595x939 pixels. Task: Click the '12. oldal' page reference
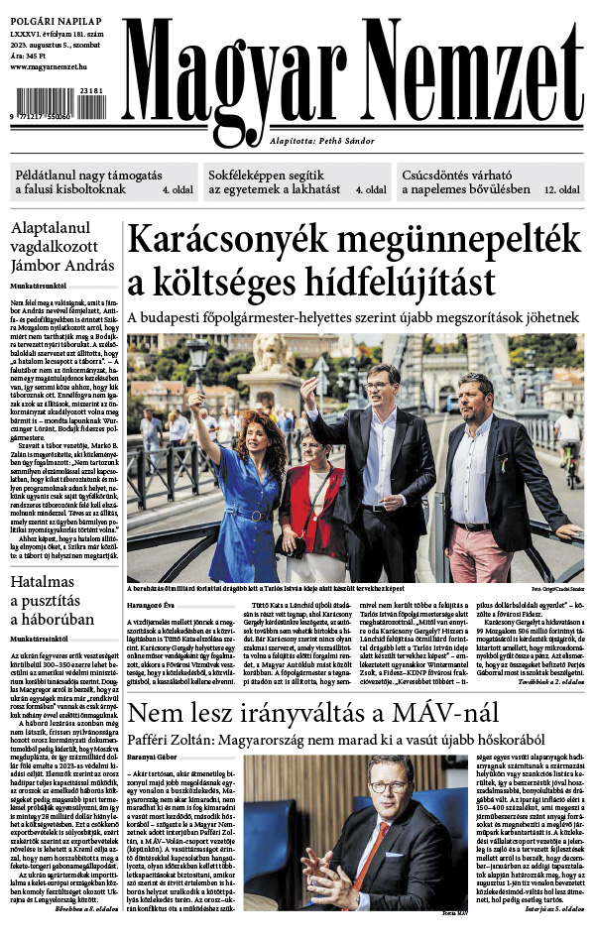click(562, 188)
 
